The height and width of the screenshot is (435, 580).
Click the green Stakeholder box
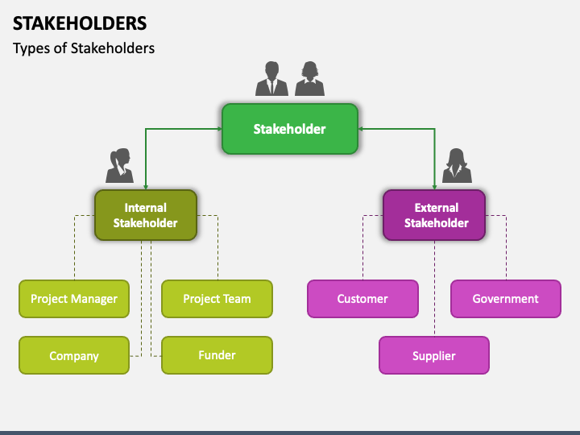[x=290, y=129]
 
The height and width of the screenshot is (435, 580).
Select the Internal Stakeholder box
[x=145, y=215]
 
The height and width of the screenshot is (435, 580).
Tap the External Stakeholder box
[x=434, y=215]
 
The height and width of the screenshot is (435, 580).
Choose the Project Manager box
[x=74, y=299]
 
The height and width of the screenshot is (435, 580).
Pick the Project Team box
[x=217, y=299]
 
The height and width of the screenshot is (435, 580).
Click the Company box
[x=74, y=355]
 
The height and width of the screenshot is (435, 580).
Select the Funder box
[x=217, y=355]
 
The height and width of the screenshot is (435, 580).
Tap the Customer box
[x=362, y=299]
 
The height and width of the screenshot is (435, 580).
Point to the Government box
[x=505, y=299]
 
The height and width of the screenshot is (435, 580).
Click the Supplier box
[x=434, y=355]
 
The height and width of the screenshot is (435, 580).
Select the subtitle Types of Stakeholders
[x=84, y=48]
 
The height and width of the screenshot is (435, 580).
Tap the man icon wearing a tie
[x=271, y=79]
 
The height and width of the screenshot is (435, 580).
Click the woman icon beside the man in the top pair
[x=309, y=79]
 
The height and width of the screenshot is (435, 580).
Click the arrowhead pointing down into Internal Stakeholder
[x=146, y=185]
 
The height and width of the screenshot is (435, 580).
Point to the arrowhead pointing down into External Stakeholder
[x=435, y=185]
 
